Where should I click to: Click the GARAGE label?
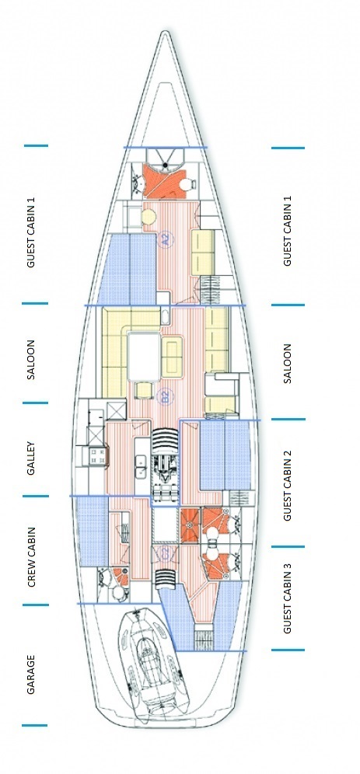[32, 674]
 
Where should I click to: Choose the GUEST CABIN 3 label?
[287, 602]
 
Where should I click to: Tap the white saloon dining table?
[144, 354]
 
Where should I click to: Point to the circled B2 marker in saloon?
[165, 397]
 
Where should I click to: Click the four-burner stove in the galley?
[99, 456]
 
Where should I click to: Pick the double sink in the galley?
[142, 466]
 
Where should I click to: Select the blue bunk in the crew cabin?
[92, 532]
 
